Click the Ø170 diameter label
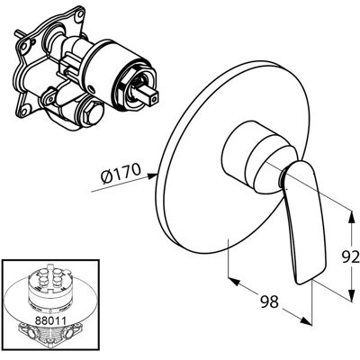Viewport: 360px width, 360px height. click(121, 175)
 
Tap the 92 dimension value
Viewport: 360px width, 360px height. click(351, 257)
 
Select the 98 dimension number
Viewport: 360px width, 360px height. click(269, 301)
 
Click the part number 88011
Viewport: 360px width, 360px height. click(50, 320)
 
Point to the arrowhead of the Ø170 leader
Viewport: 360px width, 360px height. click(152, 176)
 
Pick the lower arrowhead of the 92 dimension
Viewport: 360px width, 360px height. click(351, 295)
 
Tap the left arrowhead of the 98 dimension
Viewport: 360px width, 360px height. click(234, 282)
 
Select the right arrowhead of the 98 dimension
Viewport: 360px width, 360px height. click(306, 320)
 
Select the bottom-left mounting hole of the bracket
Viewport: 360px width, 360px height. click(24, 112)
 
